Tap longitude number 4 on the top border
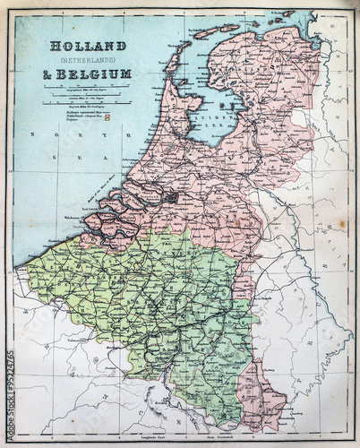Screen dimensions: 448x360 point(142,12)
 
